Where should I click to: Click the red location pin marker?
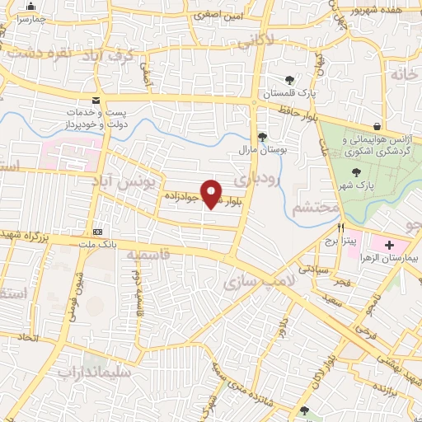coord(213,193)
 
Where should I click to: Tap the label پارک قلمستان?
coord(289,93)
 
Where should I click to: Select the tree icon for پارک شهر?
coord(355,172)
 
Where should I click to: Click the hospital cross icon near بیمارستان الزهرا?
coord(389,246)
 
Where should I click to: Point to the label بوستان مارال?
coord(264,150)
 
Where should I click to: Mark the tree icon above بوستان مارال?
coord(263,137)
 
